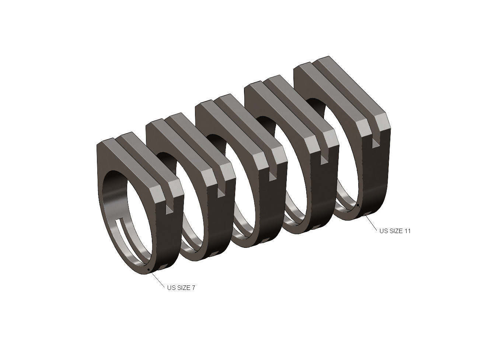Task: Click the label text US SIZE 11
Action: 395,231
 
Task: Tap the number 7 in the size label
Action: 193,288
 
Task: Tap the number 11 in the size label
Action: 407,231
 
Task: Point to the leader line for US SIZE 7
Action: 156,278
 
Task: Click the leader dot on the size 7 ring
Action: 148,270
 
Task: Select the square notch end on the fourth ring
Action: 325,158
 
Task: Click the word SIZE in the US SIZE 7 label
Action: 183,288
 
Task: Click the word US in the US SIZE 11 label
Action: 384,231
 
